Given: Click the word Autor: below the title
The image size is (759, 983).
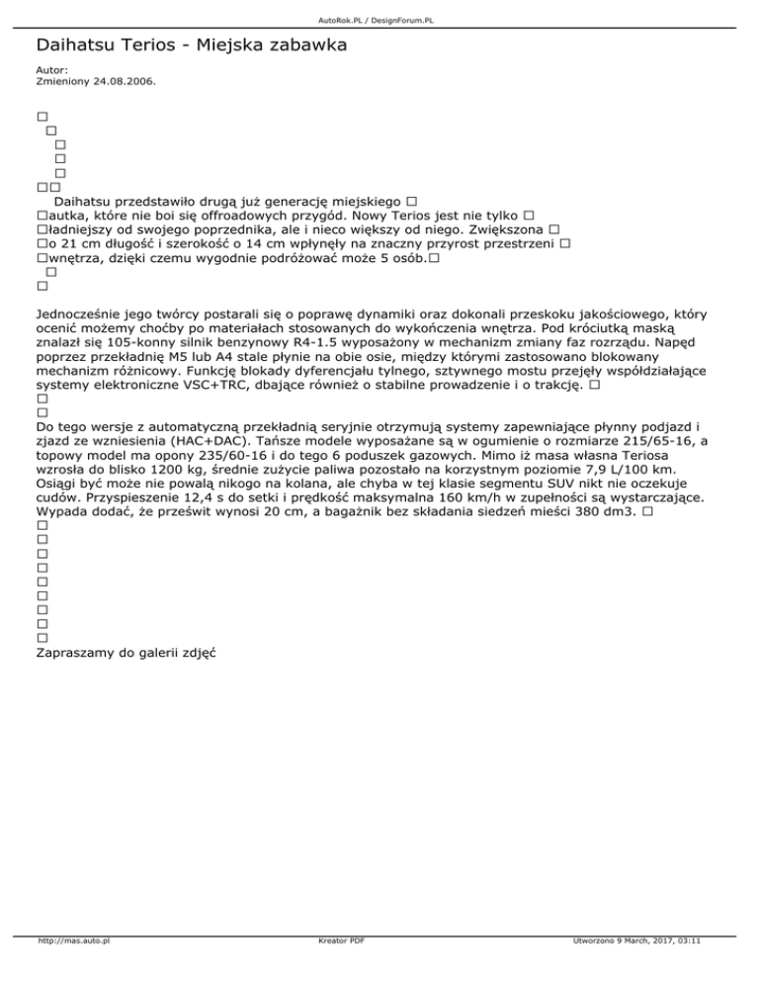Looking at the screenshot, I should pos(51,70).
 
